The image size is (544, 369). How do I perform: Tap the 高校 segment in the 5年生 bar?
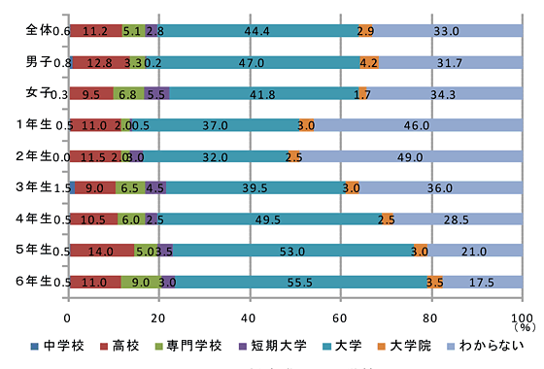(x=102, y=251)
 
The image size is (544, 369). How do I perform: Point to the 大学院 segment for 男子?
(x=368, y=63)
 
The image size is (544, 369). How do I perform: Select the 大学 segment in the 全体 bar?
(x=256, y=32)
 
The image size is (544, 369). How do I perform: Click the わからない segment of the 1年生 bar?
(x=417, y=125)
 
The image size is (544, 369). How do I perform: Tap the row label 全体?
(x=39, y=31)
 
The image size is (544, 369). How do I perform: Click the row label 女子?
(x=39, y=93)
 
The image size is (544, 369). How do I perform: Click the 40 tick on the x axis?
(x=250, y=318)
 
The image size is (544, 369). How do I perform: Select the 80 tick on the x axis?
(x=430, y=318)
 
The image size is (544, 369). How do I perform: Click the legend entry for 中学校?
(x=110, y=346)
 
